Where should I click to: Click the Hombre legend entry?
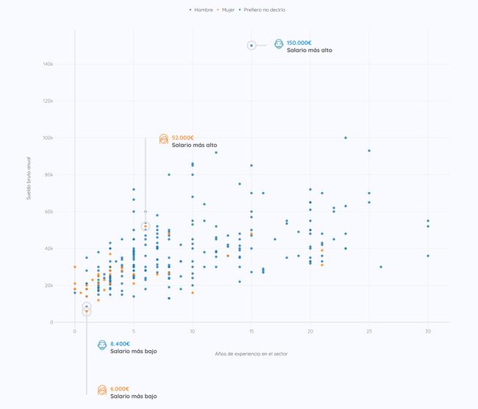tap(201, 10)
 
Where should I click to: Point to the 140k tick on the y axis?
tap(48, 64)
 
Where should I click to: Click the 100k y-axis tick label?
tap(48, 138)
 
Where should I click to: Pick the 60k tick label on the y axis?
tap(49, 212)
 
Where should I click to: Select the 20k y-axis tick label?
tap(49, 285)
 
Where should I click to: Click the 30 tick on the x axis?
tap(428, 332)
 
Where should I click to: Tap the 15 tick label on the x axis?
tap(252, 332)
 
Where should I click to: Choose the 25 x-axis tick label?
tap(369, 332)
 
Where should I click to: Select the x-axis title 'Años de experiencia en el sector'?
tap(252, 354)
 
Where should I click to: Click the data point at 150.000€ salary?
tap(252, 46)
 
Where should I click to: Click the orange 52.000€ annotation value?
tap(183, 138)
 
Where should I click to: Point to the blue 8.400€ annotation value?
tap(120, 344)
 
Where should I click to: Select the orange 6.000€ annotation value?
tap(120, 388)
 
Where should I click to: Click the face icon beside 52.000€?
tap(163, 139)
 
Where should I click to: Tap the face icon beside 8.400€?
tap(101, 345)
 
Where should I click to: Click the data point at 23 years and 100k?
tap(346, 138)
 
